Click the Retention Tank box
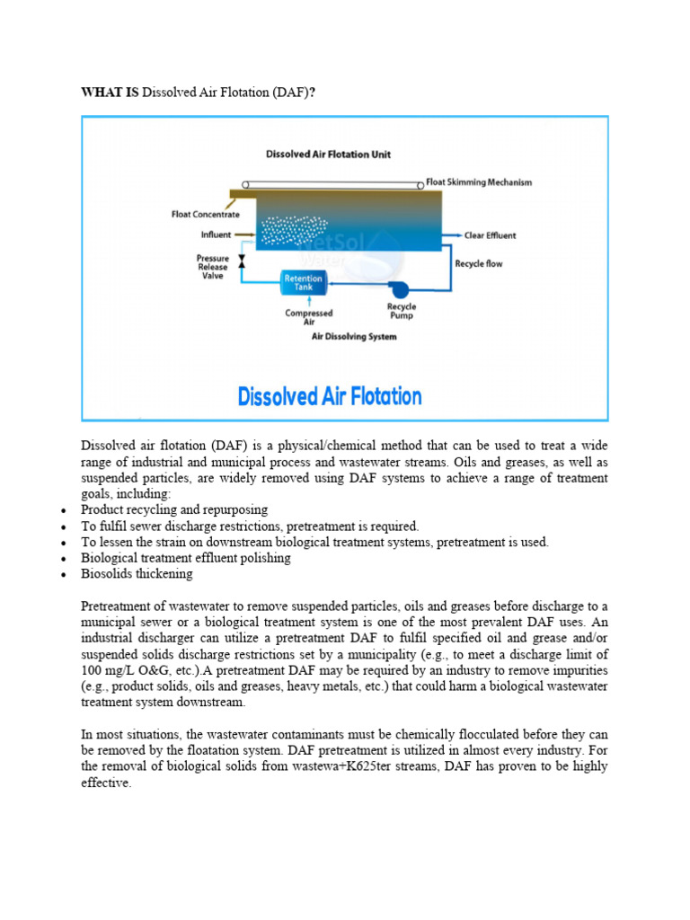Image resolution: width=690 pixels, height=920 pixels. (x=303, y=283)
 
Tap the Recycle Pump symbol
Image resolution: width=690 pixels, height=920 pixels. (x=399, y=288)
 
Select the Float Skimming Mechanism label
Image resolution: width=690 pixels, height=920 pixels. (x=479, y=182)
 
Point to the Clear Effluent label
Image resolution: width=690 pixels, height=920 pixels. (x=490, y=235)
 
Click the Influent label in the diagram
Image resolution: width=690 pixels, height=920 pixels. (x=216, y=235)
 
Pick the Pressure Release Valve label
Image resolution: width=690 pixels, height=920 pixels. (x=213, y=267)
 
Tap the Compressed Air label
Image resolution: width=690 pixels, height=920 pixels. (x=308, y=317)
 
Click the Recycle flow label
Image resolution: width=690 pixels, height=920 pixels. (x=479, y=264)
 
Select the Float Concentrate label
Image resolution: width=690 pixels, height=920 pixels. (x=206, y=215)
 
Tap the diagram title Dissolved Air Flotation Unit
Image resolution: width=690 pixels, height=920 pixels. (x=328, y=155)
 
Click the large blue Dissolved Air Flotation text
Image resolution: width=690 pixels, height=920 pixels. (x=330, y=396)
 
